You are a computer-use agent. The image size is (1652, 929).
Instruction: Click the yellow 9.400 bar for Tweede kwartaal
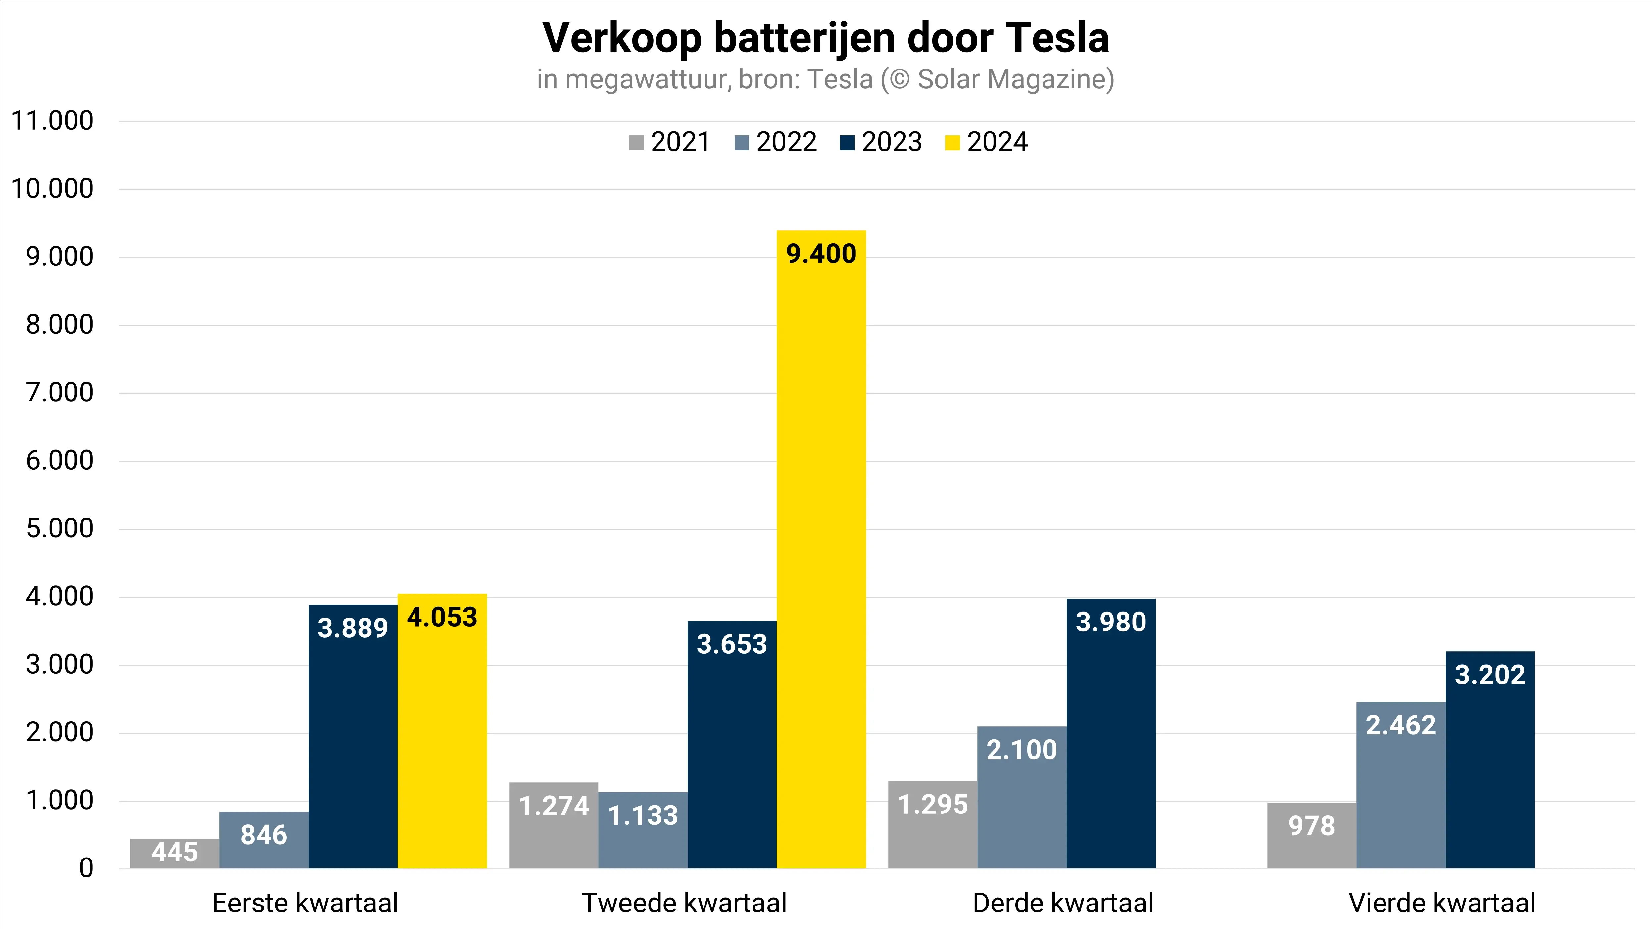821,551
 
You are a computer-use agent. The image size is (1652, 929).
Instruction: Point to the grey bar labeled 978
1311,837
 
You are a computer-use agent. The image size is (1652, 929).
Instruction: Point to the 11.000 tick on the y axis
53,120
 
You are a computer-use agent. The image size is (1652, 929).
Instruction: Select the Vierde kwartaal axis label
1442,903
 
